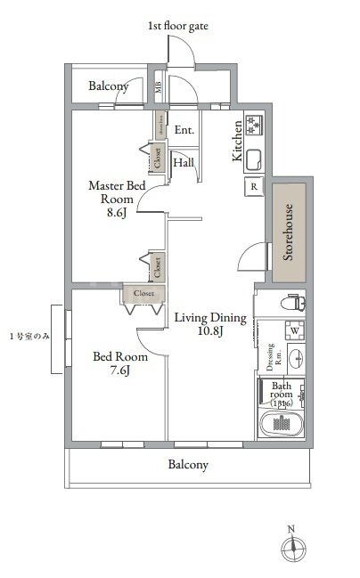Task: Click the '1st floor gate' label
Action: pyautogui.click(x=179, y=28)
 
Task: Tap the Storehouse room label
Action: pyautogui.click(x=289, y=232)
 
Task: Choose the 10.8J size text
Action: pyautogui.click(x=209, y=332)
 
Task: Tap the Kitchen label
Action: pyautogui.click(x=238, y=141)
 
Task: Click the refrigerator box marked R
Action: pyautogui.click(x=254, y=187)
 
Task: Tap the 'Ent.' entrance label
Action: pyautogui.click(x=184, y=131)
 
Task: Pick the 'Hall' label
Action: pyautogui.click(x=184, y=163)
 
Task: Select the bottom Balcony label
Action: pyautogui.click(x=188, y=465)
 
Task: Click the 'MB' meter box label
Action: pyautogui.click(x=158, y=87)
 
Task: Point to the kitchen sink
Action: pyautogui.click(x=252, y=161)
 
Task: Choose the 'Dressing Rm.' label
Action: pyautogui.click(x=272, y=354)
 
